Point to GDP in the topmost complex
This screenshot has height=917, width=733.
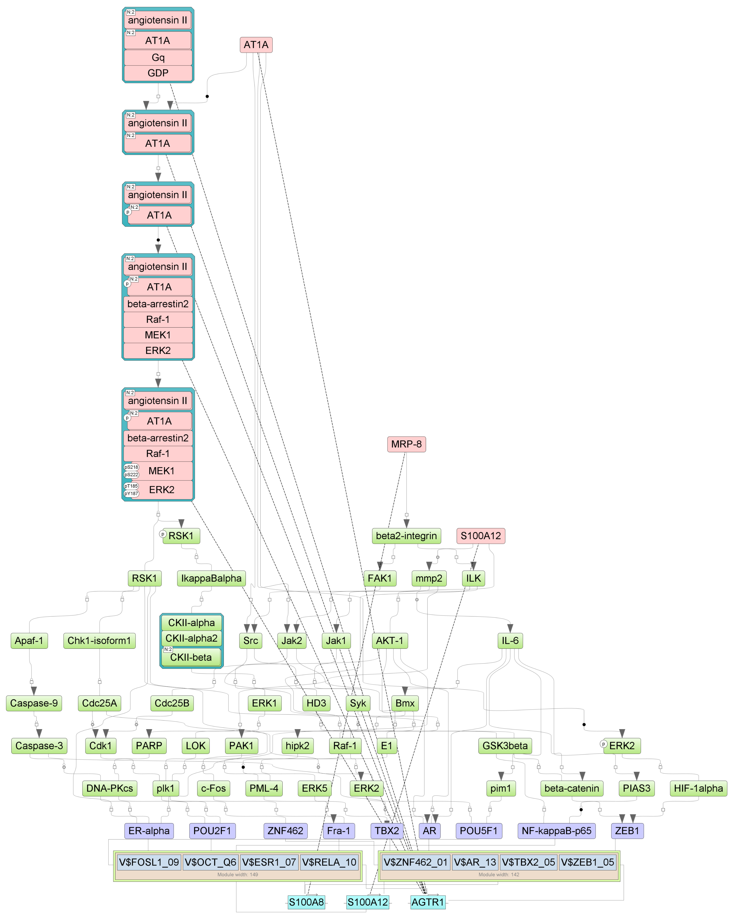coord(158,73)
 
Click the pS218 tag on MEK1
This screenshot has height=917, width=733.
coord(131,467)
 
